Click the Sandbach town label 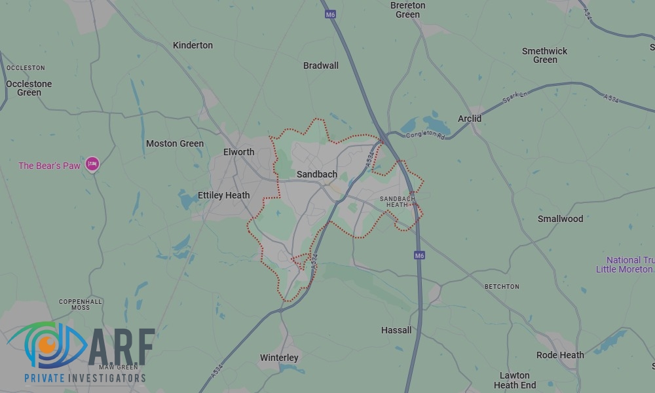click(317, 174)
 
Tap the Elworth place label click(238, 152)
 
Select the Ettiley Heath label click(224, 195)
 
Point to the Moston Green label click(175, 143)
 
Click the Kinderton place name click(193, 45)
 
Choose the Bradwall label click(321, 65)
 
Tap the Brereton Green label click(407, 10)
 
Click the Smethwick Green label click(545, 55)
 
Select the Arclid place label click(470, 119)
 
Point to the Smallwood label click(560, 219)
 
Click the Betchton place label click(502, 287)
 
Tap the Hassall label click(396, 330)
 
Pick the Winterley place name click(279, 358)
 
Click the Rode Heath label click(560, 355)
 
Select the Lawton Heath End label click(515, 381)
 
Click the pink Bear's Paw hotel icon click(92, 164)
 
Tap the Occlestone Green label click(29, 88)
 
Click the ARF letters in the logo click(122, 347)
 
